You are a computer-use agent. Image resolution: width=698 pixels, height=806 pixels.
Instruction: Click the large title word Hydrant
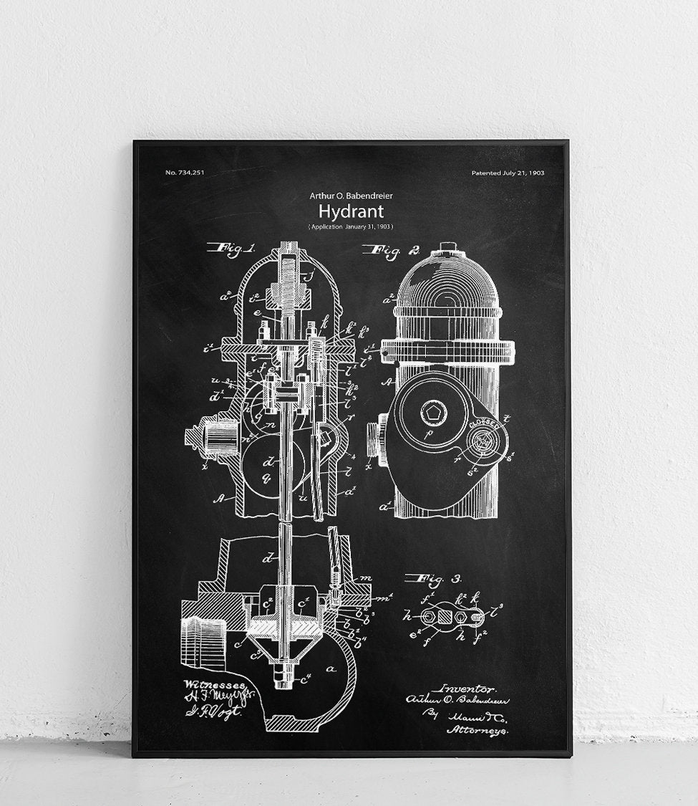point(351,211)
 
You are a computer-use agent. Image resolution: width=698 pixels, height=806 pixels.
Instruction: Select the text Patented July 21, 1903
point(508,173)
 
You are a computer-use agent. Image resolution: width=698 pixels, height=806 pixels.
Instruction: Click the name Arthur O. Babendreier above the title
point(351,194)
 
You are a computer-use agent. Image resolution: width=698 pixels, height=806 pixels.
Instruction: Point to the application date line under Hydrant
point(351,227)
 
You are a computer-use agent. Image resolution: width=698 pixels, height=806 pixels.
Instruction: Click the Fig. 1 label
point(231,249)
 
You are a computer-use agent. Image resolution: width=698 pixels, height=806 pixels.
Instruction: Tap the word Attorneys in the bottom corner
point(478,730)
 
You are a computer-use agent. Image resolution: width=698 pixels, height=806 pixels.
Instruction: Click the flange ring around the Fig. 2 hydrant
point(447,350)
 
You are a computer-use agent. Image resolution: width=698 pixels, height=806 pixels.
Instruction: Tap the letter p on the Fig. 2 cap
point(428,434)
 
